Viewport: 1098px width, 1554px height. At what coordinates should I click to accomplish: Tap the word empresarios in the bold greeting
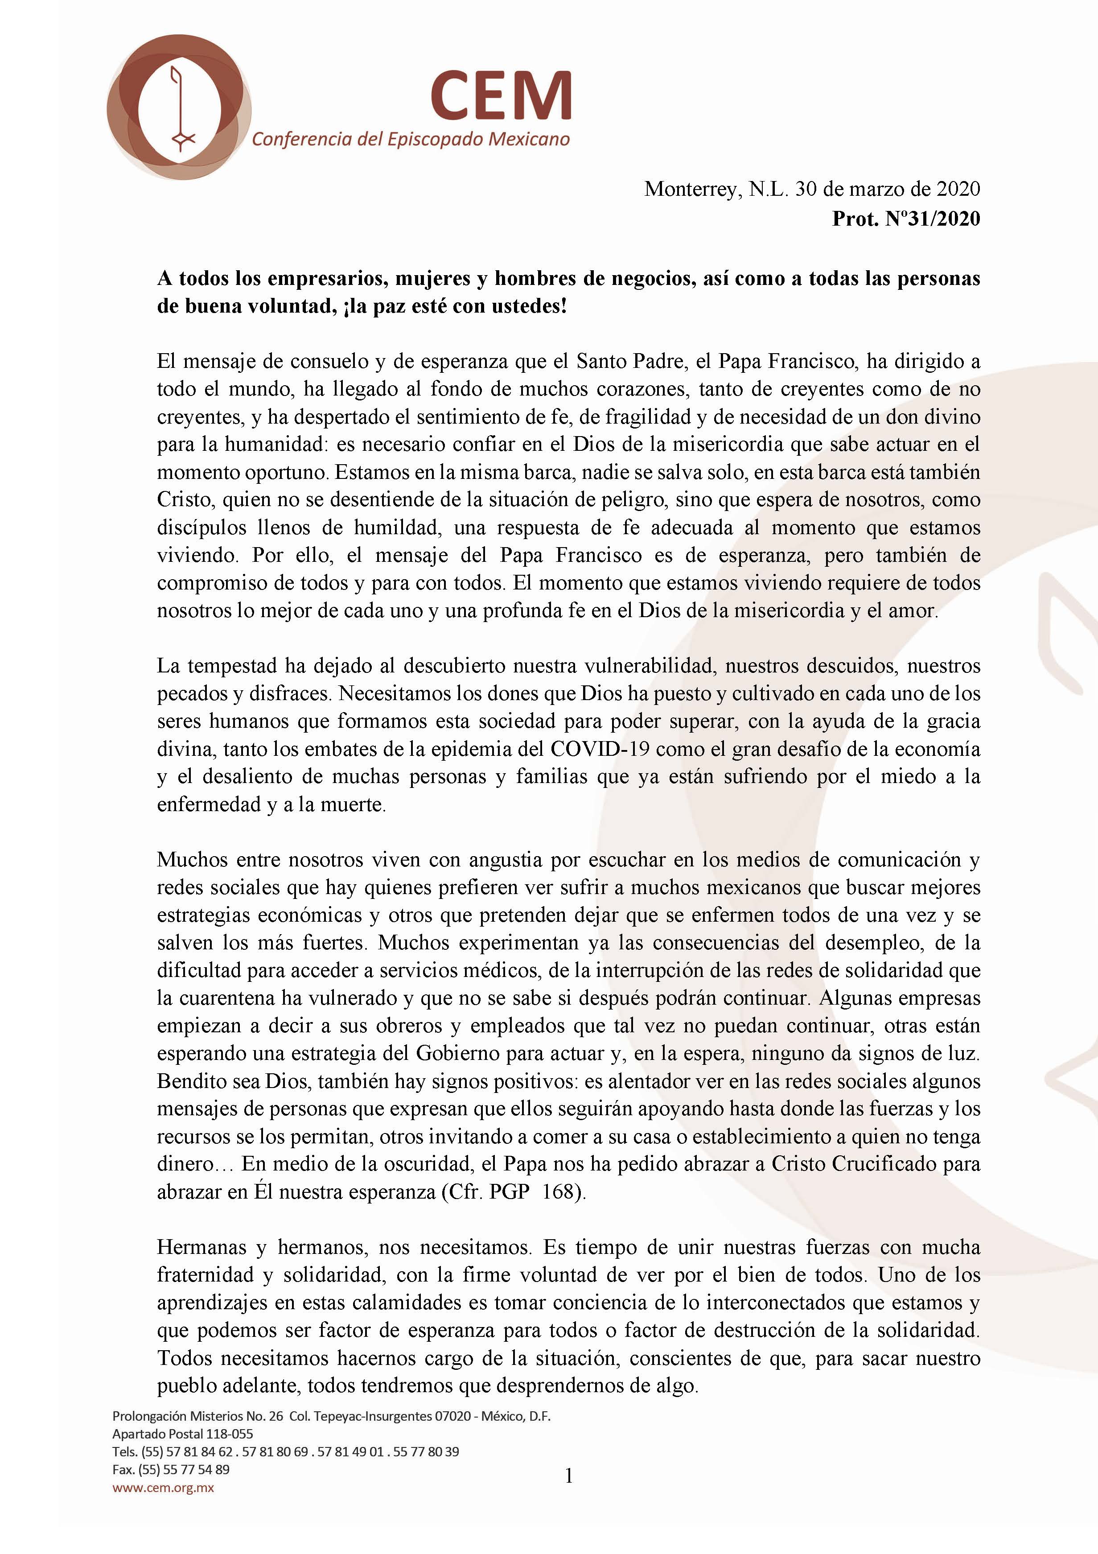[324, 278]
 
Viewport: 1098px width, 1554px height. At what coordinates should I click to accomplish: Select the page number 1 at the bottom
[568, 1476]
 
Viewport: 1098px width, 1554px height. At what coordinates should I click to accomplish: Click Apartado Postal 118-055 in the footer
[183, 1434]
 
